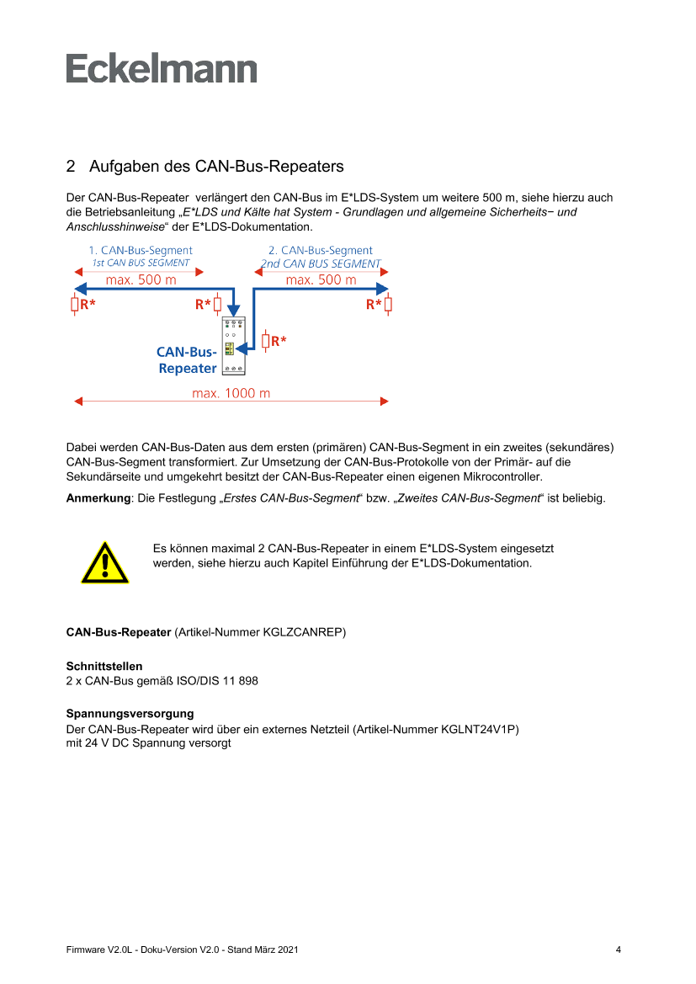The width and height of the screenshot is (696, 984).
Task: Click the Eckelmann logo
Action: (x=162, y=68)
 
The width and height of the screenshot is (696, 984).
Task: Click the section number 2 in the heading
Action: (x=71, y=167)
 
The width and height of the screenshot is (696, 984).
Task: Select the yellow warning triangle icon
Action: (x=105, y=562)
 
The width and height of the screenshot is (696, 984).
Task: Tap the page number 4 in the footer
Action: (x=619, y=949)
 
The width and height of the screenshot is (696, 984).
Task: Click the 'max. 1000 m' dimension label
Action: (x=231, y=393)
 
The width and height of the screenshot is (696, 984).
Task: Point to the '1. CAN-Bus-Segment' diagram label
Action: (x=141, y=250)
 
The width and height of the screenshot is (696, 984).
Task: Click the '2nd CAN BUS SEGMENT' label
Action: (x=321, y=263)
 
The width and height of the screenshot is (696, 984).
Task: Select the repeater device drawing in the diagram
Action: (x=233, y=346)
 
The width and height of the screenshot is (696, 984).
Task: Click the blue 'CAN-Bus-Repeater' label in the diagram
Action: (x=187, y=360)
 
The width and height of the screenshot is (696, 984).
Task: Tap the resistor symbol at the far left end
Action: (x=75, y=305)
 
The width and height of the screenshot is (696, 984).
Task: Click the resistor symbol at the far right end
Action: (x=388, y=305)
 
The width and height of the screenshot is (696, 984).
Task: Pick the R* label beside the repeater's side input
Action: (x=279, y=341)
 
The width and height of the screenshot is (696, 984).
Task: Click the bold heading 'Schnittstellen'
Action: (x=104, y=666)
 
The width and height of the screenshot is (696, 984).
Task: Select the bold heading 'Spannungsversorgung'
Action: (x=130, y=714)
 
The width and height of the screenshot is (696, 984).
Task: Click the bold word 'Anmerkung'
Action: (x=98, y=498)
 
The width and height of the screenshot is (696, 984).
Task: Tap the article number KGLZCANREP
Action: (x=302, y=632)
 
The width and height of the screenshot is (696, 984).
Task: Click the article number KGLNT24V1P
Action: (x=478, y=729)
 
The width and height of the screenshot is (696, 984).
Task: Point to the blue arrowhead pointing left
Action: (x=80, y=289)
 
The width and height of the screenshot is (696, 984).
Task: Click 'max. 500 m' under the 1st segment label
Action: (x=141, y=280)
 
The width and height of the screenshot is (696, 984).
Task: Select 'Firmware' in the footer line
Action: (x=85, y=949)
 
